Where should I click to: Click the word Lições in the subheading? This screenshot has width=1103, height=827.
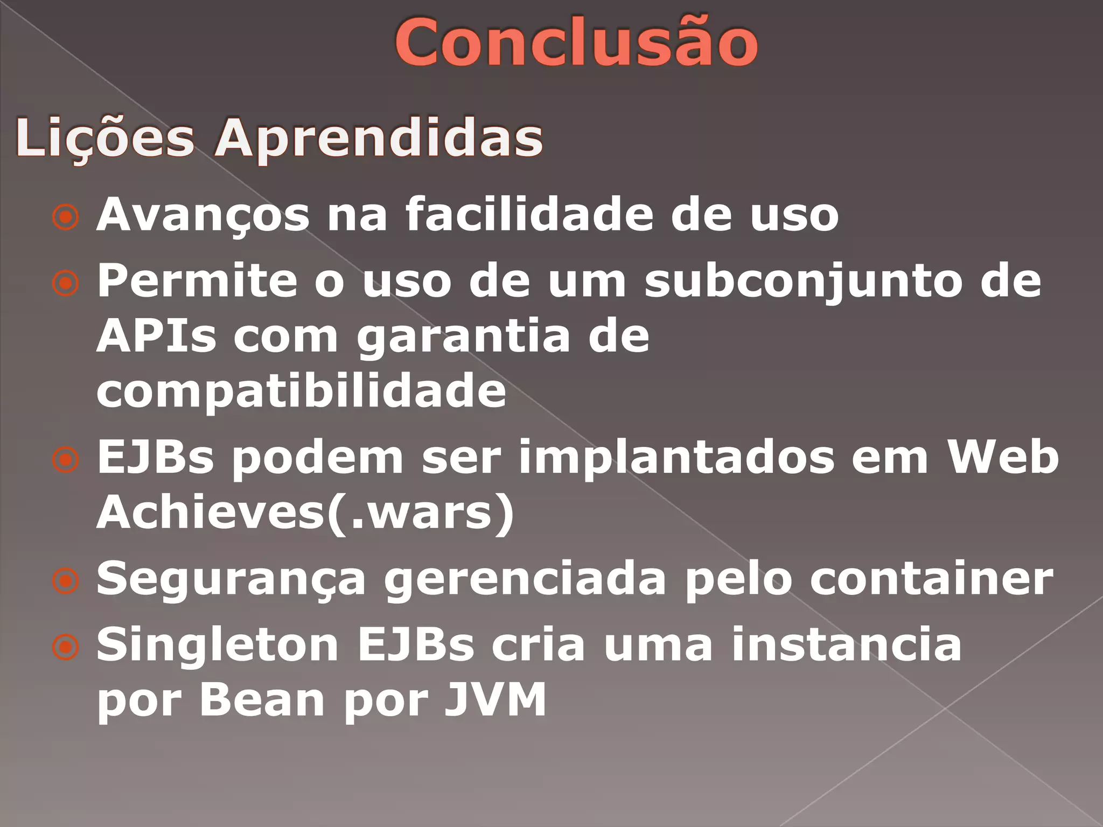(105, 138)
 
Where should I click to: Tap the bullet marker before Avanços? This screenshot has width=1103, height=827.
(66, 217)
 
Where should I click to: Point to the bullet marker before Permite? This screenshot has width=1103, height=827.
(66, 283)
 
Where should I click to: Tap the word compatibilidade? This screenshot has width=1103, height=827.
(302, 391)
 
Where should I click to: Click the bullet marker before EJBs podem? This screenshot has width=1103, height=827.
(66, 460)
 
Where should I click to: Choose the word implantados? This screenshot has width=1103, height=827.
(676, 458)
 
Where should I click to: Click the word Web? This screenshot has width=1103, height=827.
(1003, 457)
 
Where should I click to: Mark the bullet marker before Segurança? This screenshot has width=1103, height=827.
(66, 581)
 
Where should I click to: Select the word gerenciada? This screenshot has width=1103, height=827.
(525, 580)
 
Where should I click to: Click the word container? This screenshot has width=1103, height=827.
(932, 579)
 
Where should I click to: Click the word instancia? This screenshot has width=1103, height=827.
(846, 644)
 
